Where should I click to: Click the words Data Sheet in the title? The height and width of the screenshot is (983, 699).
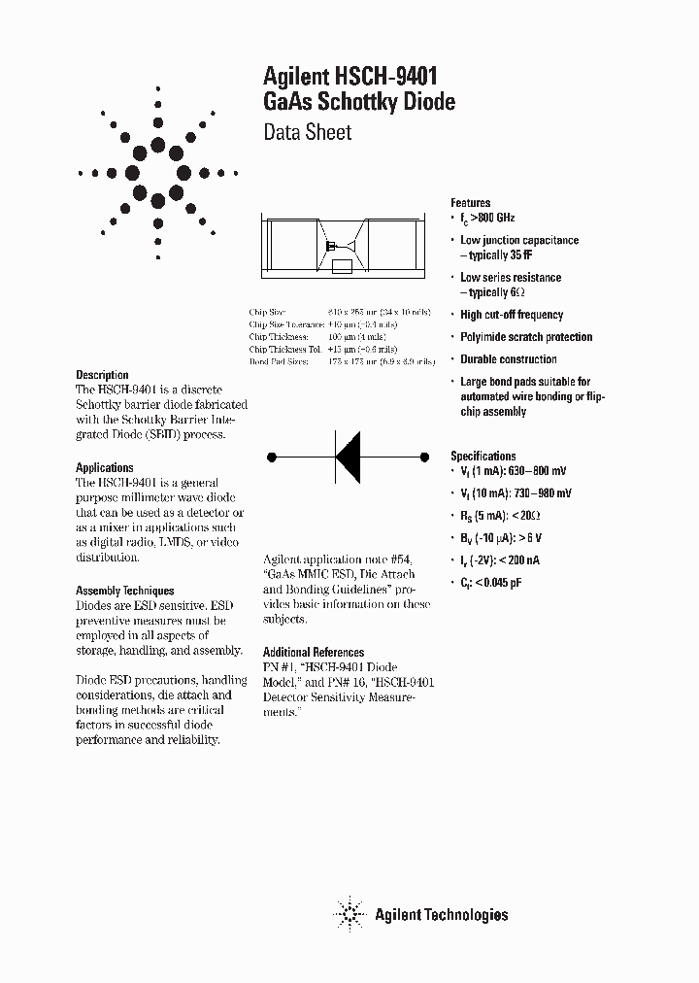308,133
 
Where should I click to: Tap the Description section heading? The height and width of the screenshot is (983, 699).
102,375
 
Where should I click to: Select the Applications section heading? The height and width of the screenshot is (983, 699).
105,468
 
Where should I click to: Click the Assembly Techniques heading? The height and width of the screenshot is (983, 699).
125,591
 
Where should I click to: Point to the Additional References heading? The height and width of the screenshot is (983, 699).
314,653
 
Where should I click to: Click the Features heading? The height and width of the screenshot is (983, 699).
471,203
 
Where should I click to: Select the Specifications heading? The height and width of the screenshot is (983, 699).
483,456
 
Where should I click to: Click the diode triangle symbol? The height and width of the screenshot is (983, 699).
348,456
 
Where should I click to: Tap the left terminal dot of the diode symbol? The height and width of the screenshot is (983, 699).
273,456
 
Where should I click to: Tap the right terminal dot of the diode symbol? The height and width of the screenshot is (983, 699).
423,456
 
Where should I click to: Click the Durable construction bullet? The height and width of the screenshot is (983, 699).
509,359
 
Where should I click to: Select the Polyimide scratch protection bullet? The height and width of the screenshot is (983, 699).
526,337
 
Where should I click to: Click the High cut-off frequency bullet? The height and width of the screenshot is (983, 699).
512,315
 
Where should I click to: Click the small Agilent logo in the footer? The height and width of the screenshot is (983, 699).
348,913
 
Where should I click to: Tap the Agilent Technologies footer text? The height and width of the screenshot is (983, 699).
441,914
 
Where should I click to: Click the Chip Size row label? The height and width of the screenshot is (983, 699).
268,313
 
